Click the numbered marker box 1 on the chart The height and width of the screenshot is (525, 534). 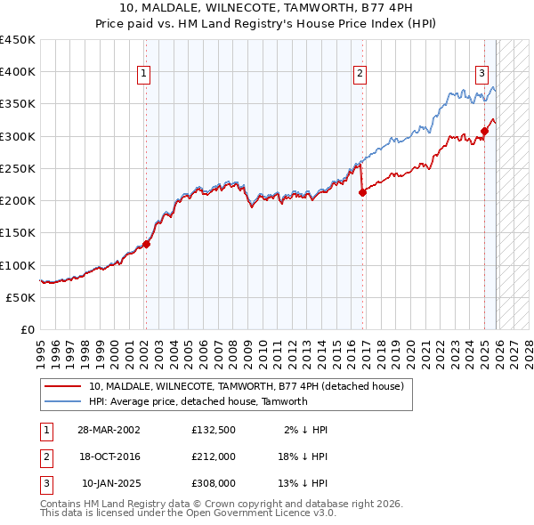[x=144, y=75]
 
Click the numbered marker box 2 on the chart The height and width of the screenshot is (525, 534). [x=360, y=75]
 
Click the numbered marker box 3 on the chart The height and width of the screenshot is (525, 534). [x=481, y=75]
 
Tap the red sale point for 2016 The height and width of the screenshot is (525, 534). [x=362, y=192]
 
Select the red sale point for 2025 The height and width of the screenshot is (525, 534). [x=484, y=131]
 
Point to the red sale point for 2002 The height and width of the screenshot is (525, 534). [x=147, y=244]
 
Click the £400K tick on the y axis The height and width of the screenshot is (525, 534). [x=18, y=72]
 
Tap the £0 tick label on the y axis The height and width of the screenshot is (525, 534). [x=28, y=329]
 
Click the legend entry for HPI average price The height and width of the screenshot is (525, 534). [x=198, y=401]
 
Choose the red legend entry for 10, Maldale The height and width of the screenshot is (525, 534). [x=246, y=386]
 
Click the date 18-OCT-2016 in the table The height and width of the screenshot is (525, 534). [x=109, y=456]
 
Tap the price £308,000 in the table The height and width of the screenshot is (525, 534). [x=214, y=483]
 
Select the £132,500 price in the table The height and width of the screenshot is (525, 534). [x=214, y=429]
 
